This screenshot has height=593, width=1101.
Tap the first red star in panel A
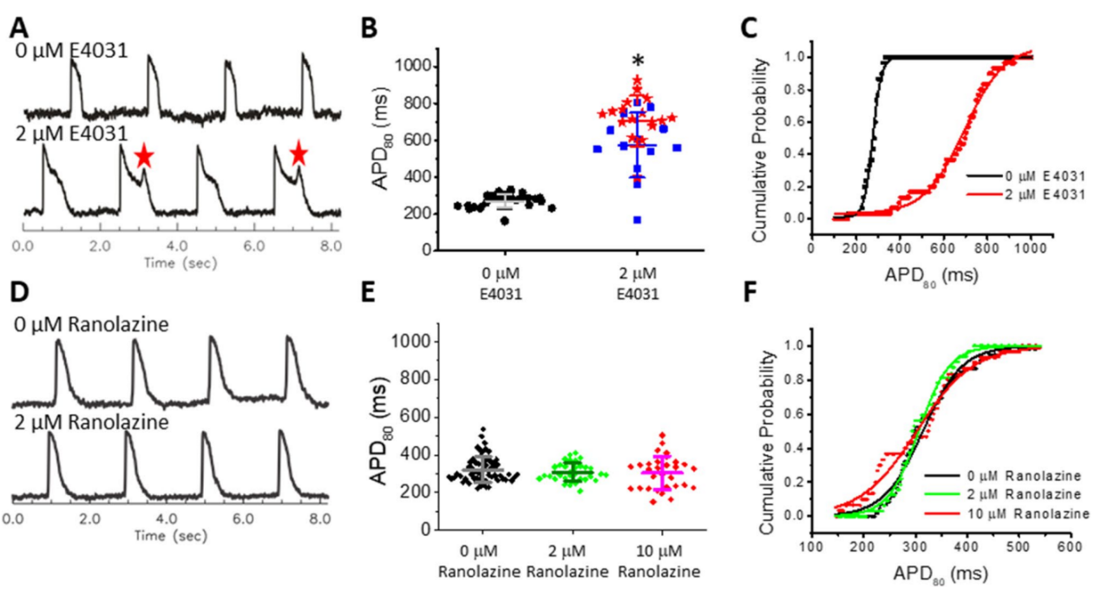point(144,156)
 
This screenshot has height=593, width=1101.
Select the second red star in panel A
point(298,154)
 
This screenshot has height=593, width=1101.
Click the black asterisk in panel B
point(638,60)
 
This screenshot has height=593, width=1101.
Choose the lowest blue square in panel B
point(638,219)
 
